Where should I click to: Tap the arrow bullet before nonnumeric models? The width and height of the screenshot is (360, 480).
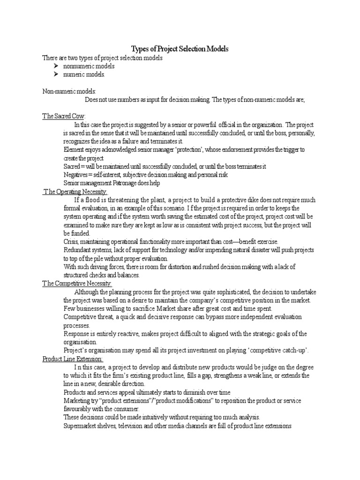pyautogui.click(x=56, y=66)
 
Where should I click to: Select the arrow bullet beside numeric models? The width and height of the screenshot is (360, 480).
pyautogui.click(x=56, y=74)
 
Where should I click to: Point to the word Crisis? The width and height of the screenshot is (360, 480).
pyautogui.click(x=71, y=241)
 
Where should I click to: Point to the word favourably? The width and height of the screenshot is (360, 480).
pyautogui.click(x=80, y=409)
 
